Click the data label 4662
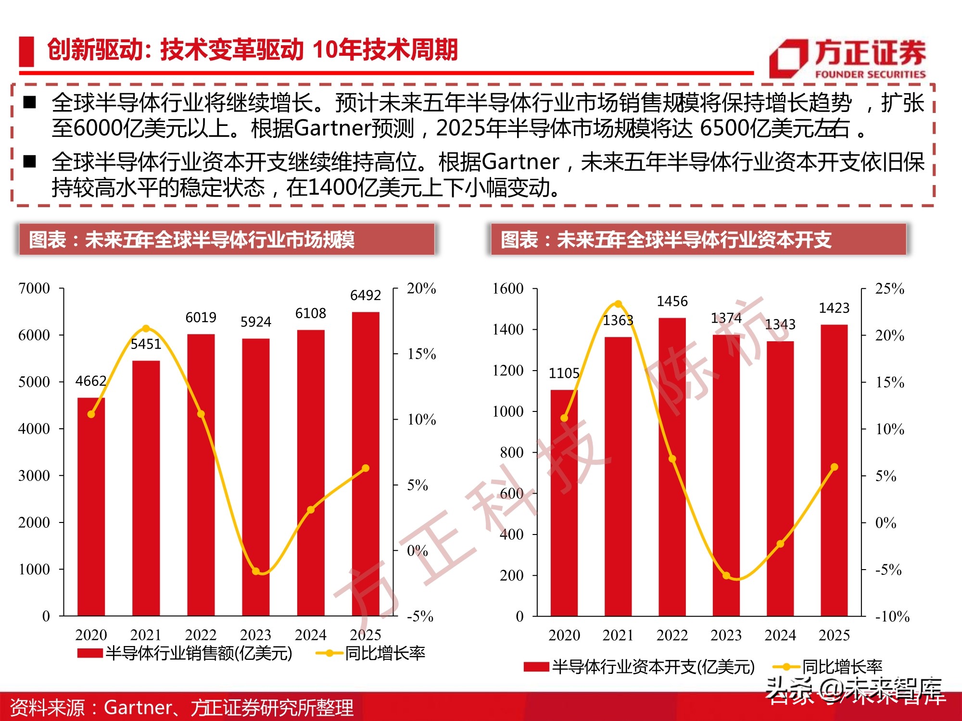tap(90, 381)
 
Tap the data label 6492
tap(366, 295)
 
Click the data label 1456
tap(672, 301)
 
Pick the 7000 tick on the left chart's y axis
tap(34, 288)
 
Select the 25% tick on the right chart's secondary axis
tap(889, 288)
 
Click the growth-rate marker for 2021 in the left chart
tap(146, 329)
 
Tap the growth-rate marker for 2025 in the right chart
tap(834, 467)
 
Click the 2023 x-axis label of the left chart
tap(255, 635)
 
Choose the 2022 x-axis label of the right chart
tap(672, 635)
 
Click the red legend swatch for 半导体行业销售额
tap(90, 653)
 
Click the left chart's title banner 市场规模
tap(226, 239)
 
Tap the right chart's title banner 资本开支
tap(697, 239)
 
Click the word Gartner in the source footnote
tap(138, 708)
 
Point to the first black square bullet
tap(30, 102)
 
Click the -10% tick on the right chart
tap(892, 616)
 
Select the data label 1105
tap(564, 373)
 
